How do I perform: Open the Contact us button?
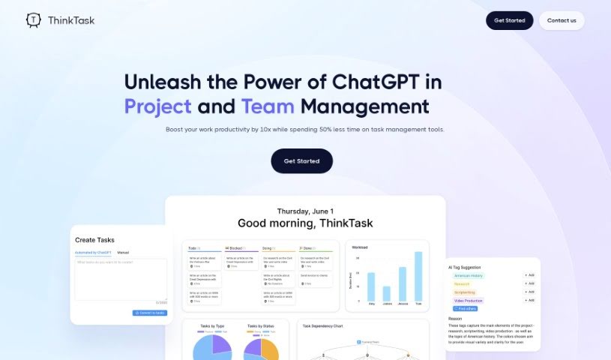(x=562, y=20)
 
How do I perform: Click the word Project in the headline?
(x=157, y=106)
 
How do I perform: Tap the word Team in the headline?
(x=267, y=106)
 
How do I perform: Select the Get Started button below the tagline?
(x=301, y=161)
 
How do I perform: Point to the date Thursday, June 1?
(x=305, y=211)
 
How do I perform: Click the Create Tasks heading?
(x=95, y=240)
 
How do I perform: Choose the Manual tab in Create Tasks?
(x=123, y=253)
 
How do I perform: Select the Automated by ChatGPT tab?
(x=93, y=253)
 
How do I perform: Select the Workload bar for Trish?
(x=418, y=277)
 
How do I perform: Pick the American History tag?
(x=469, y=275)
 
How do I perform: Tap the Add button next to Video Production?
(x=529, y=300)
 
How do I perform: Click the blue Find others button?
(x=465, y=308)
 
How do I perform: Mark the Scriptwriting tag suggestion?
(x=465, y=292)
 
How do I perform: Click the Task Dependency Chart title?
(x=322, y=326)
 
